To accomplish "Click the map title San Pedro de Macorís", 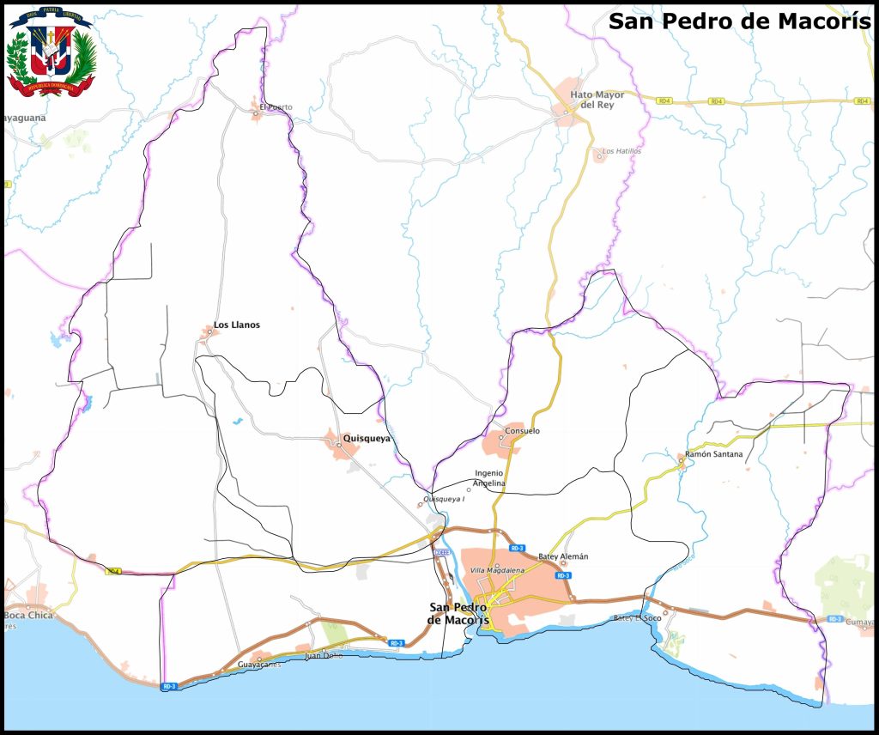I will coord(739,21).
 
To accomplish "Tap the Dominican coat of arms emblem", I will coord(51,52).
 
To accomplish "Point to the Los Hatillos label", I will coord(621,151).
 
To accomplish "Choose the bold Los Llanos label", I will coord(237,325).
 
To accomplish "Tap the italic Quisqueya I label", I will coord(444,499).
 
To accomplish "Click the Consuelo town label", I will coord(523,431).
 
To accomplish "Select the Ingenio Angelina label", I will coord(489,478).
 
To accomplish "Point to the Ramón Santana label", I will coord(714,453).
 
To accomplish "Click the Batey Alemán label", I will coord(563,556).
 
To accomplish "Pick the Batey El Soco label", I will coord(637,618).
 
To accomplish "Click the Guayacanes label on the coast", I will coord(258,665).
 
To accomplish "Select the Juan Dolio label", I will coord(324,656).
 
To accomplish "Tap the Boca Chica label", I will coord(28,616).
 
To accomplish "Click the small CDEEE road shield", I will coord(441,552).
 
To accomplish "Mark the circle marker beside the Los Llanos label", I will coord(209,331).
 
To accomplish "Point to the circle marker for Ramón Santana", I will coord(681,460).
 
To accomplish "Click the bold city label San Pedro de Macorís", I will coord(458,613).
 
